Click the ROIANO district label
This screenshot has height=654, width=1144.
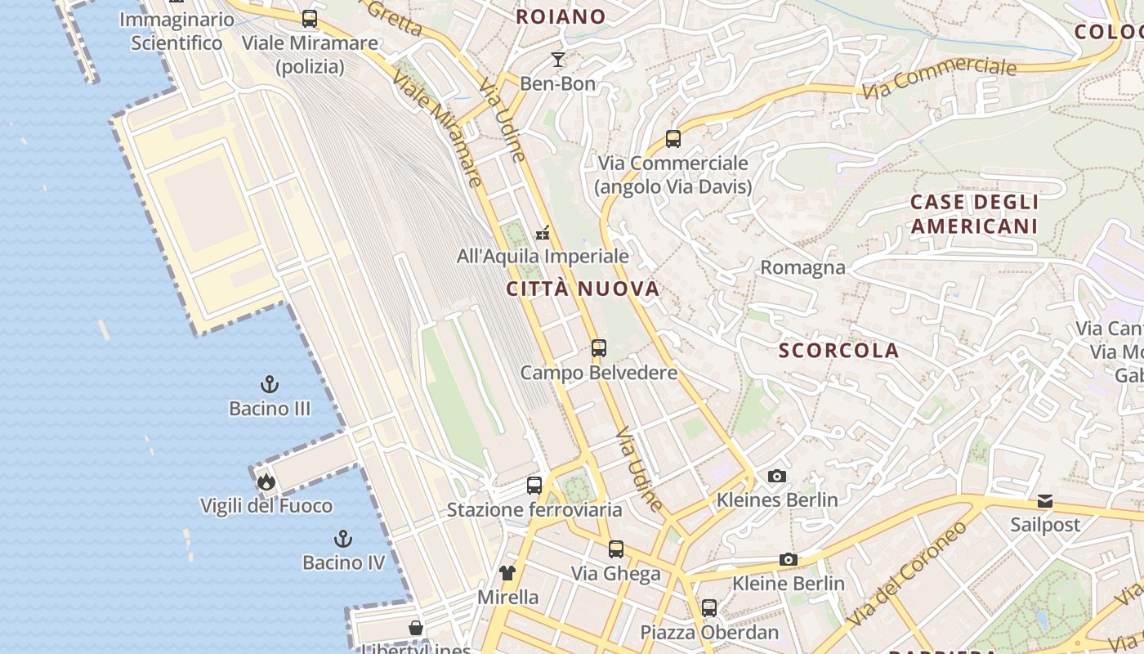tap(561, 16)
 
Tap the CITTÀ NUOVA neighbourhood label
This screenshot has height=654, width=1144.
tap(583, 289)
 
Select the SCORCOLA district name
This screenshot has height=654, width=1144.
tap(838, 351)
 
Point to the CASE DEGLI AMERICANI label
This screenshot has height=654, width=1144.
tap(974, 214)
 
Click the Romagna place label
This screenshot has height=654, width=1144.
tap(802, 267)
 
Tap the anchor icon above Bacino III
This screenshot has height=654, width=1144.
tap(269, 383)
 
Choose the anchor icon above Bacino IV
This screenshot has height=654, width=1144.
tap(343, 538)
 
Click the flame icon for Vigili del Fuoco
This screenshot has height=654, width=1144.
tap(266, 482)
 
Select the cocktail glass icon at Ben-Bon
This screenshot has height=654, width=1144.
tap(558, 59)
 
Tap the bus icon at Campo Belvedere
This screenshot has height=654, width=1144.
tap(599, 348)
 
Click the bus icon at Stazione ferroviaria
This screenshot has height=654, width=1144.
tap(534, 486)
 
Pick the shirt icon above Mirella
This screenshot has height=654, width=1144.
tap(507, 573)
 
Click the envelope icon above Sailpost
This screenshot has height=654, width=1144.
tap(1045, 500)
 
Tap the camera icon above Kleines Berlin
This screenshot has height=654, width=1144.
tap(777, 476)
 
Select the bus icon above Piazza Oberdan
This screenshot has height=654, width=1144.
tap(709, 608)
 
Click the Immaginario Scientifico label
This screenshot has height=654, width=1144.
tap(177, 31)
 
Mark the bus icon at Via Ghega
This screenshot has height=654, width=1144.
tap(616, 549)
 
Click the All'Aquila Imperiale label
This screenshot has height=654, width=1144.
tap(543, 256)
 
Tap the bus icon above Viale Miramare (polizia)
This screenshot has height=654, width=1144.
tap(310, 18)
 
